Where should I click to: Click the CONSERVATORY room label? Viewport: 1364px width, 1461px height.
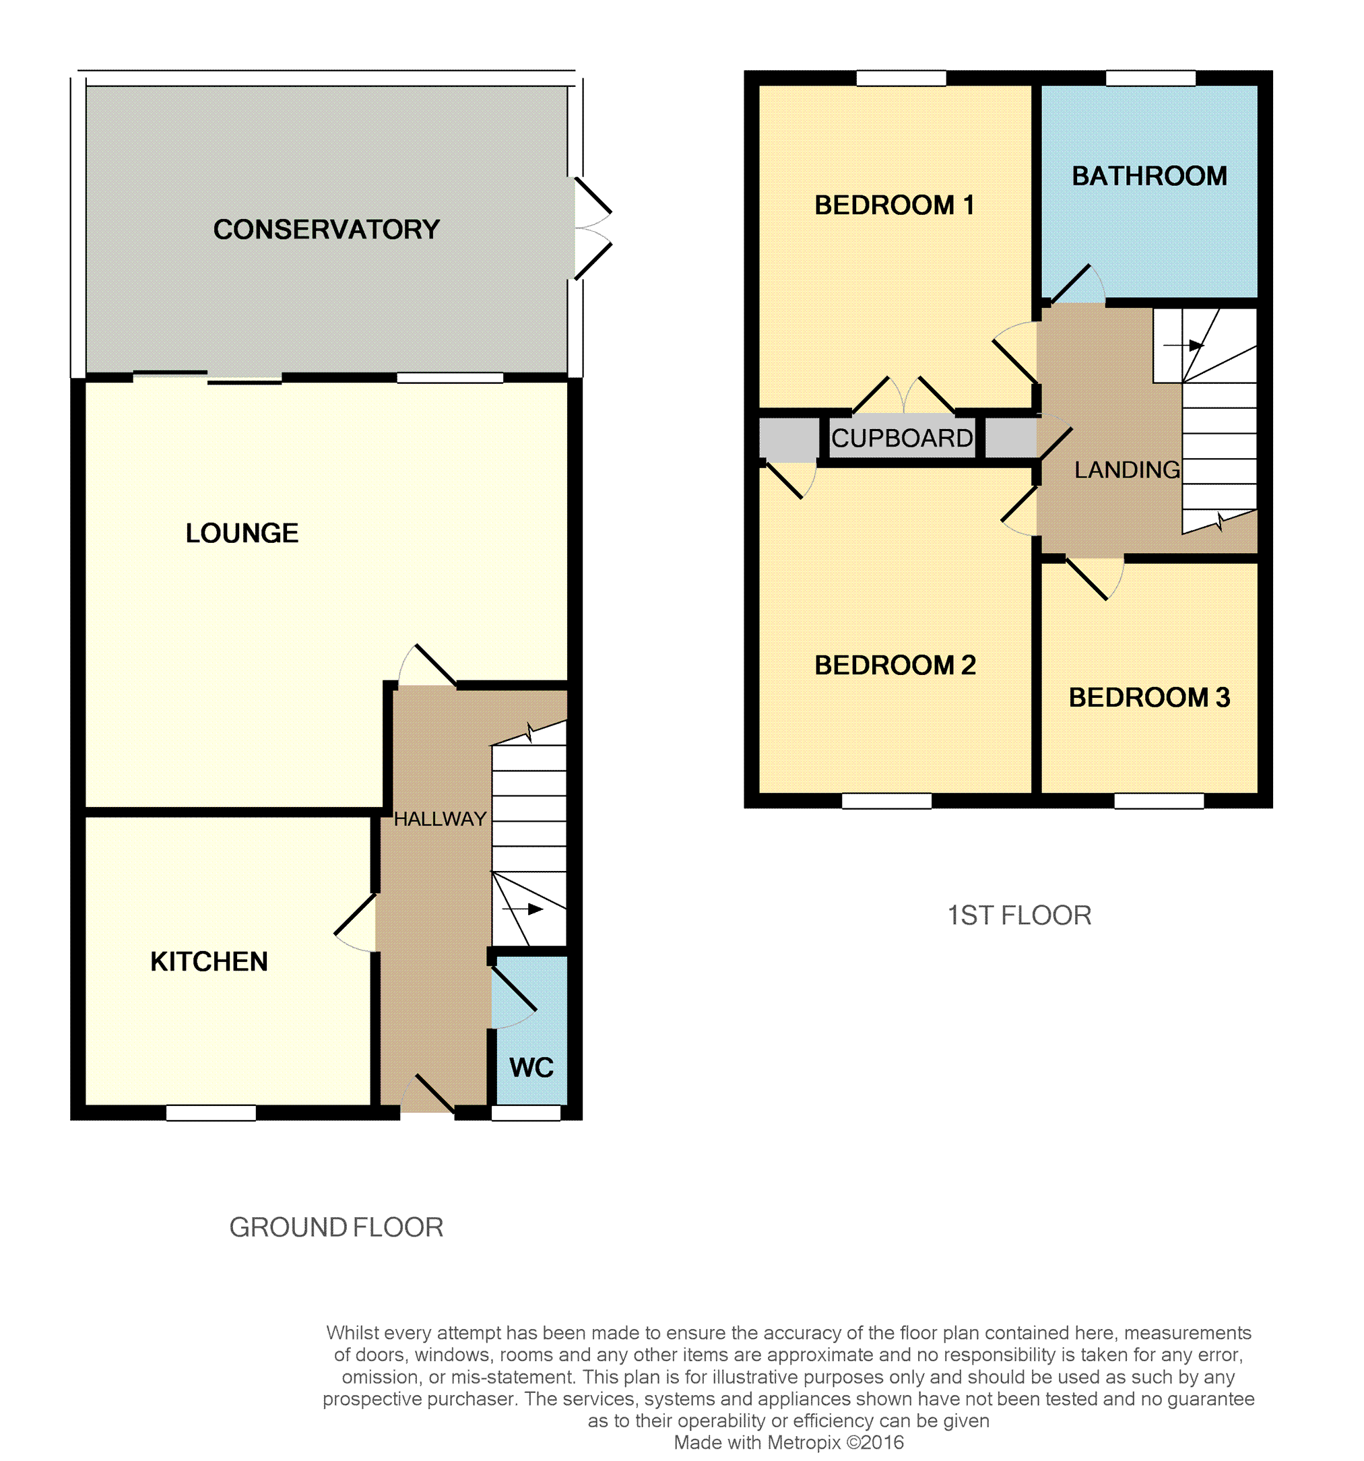tap(326, 229)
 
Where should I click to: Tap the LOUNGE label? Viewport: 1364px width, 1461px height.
tap(242, 533)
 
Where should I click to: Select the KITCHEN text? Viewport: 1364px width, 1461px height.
tap(209, 961)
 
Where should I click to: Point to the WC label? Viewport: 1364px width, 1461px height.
tap(531, 1067)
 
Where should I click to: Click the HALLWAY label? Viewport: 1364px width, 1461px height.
tap(439, 818)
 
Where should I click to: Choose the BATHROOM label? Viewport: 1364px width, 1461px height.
tap(1149, 176)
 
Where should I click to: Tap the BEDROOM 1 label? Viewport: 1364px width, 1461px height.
tap(895, 204)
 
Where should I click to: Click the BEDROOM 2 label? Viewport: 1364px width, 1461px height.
tap(895, 665)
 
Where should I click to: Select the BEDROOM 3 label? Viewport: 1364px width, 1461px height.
tap(1149, 697)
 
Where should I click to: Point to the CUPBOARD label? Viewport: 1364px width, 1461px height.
tap(902, 438)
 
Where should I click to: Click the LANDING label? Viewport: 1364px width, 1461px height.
tap(1128, 469)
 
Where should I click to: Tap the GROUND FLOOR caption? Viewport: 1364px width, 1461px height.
tap(336, 1227)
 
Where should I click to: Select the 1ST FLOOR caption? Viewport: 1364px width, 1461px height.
tap(1019, 915)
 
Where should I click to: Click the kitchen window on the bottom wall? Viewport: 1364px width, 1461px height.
tap(211, 1113)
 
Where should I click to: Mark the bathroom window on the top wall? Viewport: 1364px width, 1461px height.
tap(1151, 78)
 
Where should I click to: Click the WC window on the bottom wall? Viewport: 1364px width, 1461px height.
tap(525, 1113)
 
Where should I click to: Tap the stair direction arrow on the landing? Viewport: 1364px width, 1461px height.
tap(1183, 345)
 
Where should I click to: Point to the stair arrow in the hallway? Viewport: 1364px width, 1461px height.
tap(523, 909)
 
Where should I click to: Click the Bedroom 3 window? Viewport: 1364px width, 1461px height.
tap(1159, 801)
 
